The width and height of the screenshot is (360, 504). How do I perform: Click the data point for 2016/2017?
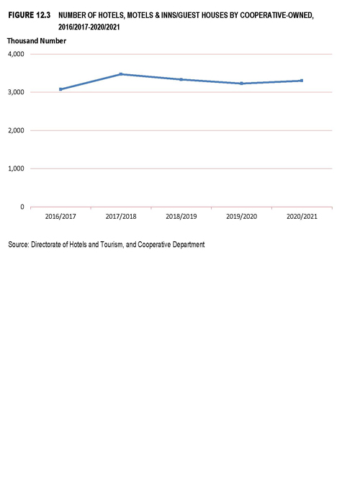[60, 89]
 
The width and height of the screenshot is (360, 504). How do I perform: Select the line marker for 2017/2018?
[121, 74]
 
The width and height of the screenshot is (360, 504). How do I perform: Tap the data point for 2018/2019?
[181, 79]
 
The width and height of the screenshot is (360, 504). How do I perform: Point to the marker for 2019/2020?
[241, 84]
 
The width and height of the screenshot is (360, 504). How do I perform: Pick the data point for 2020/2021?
[302, 81]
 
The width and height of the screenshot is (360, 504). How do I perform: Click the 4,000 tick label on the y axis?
[16, 54]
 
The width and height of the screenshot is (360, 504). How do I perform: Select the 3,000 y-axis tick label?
[16, 92]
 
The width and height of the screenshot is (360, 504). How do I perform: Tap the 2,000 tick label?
[16, 130]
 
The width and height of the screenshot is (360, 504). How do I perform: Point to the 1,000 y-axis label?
[16, 168]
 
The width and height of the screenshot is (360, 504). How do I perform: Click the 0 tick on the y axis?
[22, 207]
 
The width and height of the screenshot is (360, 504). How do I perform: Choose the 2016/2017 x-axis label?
[60, 216]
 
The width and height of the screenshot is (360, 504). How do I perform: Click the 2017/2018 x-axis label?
[121, 216]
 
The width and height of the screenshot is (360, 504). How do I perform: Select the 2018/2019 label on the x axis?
[181, 216]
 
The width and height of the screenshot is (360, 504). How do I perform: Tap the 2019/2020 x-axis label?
[241, 216]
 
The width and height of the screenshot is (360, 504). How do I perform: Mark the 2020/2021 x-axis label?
[302, 216]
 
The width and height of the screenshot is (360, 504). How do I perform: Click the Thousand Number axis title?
[37, 41]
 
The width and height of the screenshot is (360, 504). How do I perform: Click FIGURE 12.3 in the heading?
[30, 15]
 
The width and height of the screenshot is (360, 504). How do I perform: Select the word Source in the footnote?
[19, 245]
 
